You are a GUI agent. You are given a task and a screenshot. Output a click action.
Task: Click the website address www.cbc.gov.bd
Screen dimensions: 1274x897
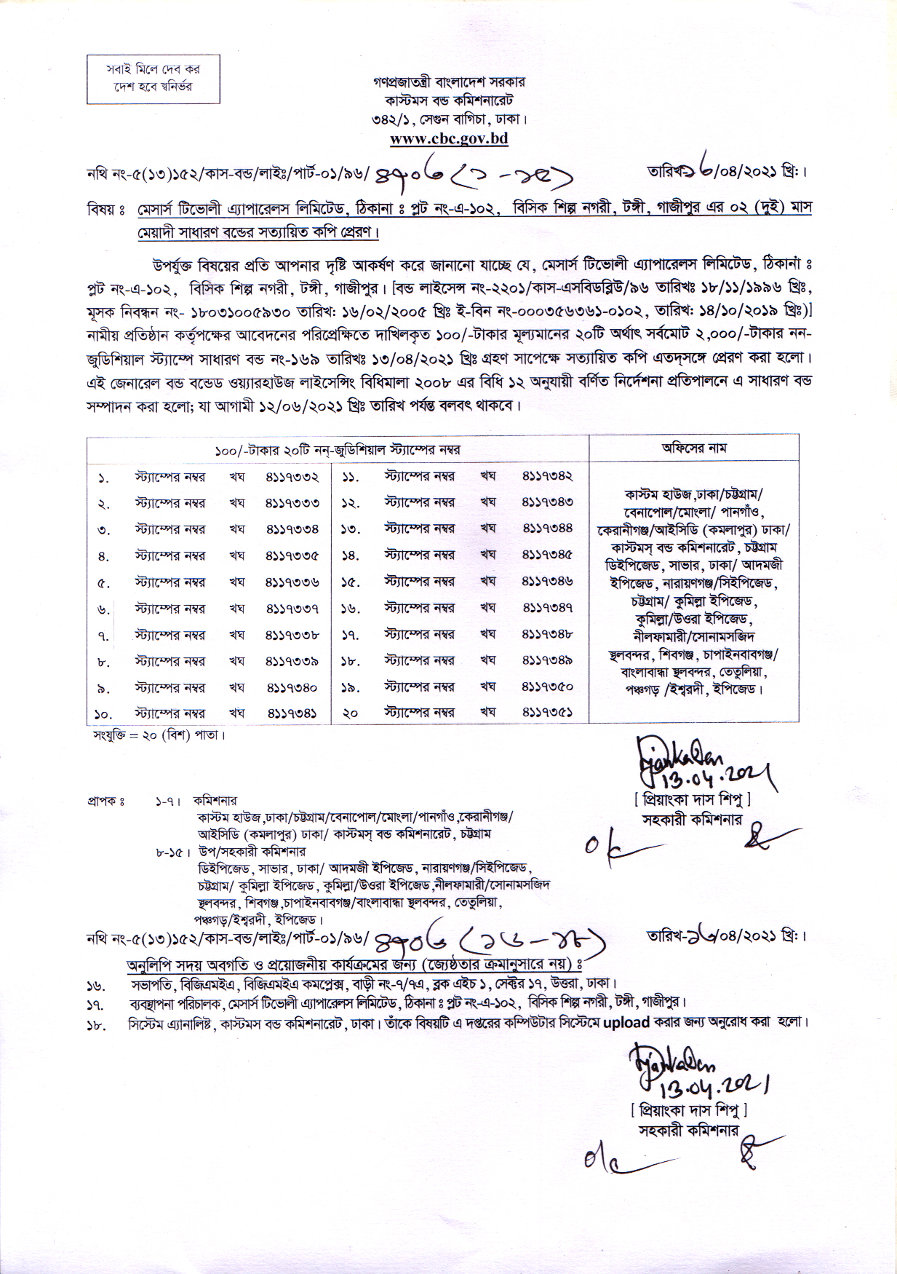(x=448, y=138)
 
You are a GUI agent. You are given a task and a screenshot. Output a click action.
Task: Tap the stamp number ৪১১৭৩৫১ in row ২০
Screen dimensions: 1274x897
(x=547, y=713)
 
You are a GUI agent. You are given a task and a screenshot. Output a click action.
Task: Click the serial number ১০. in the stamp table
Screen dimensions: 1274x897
(x=103, y=714)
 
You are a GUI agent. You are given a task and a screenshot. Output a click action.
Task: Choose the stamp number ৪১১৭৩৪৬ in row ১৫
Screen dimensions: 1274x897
(x=547, y=582)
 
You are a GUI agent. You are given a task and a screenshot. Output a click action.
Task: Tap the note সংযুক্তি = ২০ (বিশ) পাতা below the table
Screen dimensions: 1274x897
(x=159, y=735)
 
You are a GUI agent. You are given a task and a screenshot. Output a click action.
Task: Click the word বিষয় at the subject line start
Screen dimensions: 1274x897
(x=102, y=209)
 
